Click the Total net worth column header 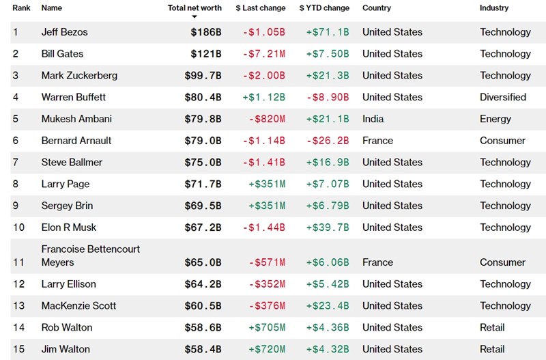[x=195, y=8]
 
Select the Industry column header [x=494, y=8]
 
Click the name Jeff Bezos [x=64, y=32]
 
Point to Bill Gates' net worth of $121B [x=205, y=54]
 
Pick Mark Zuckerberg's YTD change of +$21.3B [x=328, y=76]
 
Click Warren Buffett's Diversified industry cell [x=503, y=97]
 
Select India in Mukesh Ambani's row [x=373, y=119]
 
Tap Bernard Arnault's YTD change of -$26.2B [x=328, y=141]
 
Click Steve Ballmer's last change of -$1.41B [x=264, y=163]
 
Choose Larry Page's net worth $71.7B [x=203, y=184]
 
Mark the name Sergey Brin [x=67, y=206]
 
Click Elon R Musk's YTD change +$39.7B [x=328, y=227]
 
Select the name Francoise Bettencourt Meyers [x=90, y=255]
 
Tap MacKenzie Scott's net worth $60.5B [x=203, y=306]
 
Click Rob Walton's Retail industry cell [x=492, y=328]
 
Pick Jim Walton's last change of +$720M [x=267, y=350]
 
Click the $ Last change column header [x=261, y=8]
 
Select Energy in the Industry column [x=495, y=119]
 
